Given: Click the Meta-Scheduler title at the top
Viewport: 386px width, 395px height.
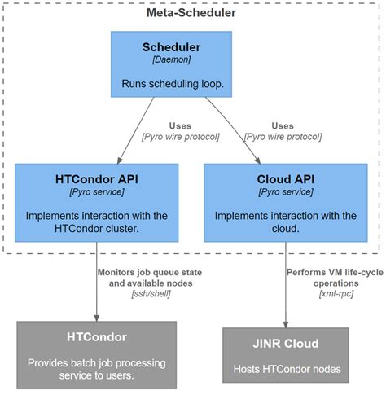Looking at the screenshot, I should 191,13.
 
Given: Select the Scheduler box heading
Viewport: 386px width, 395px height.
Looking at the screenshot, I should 171,47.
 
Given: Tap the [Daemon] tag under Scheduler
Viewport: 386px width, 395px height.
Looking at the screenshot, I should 171,62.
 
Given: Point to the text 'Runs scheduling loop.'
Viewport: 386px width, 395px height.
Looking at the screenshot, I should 171,84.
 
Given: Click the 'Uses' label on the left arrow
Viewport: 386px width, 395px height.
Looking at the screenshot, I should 180,125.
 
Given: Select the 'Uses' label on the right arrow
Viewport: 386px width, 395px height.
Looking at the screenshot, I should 283,125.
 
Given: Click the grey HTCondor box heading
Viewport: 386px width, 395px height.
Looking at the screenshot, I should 95,336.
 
